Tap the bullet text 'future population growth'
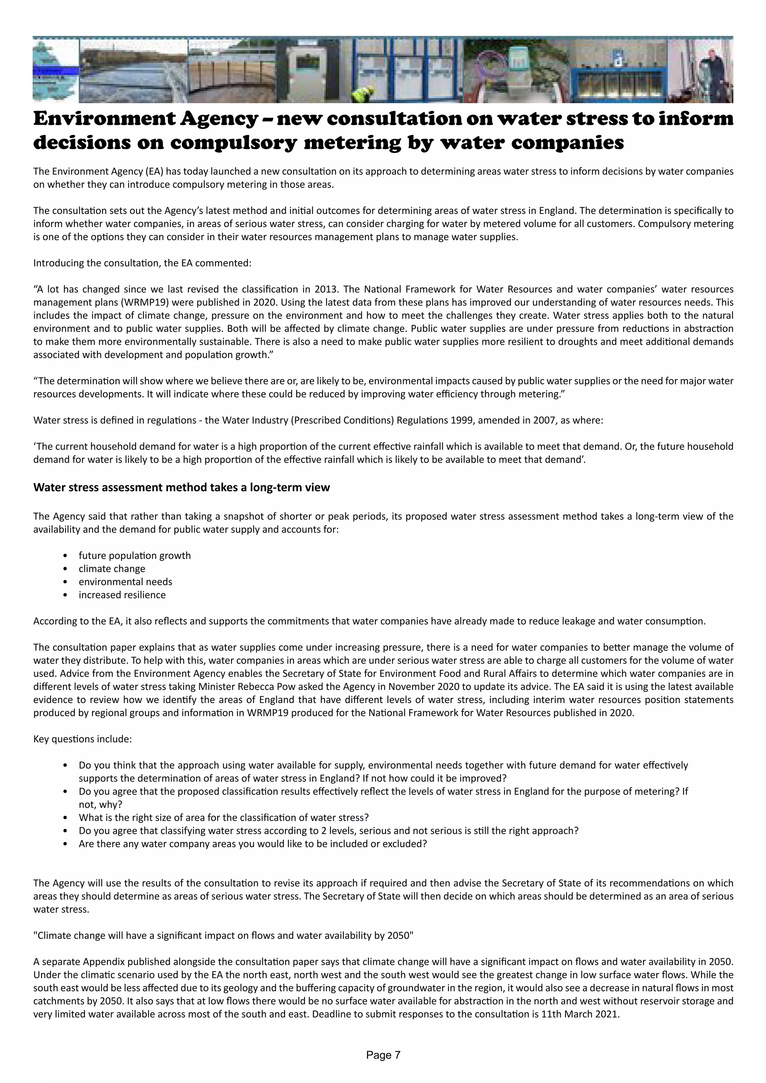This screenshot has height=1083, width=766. point(134,555)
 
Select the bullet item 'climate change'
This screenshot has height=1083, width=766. point(112,568)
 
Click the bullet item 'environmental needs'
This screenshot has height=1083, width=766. point(125,582)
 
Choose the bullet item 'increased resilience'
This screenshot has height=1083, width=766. point(122,595)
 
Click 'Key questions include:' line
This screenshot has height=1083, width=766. point(83,739)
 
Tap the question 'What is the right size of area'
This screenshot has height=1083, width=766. point(224,817)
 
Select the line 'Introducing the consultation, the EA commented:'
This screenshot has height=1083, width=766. point(142,263)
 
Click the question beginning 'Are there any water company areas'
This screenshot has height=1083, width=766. point(253,844)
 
